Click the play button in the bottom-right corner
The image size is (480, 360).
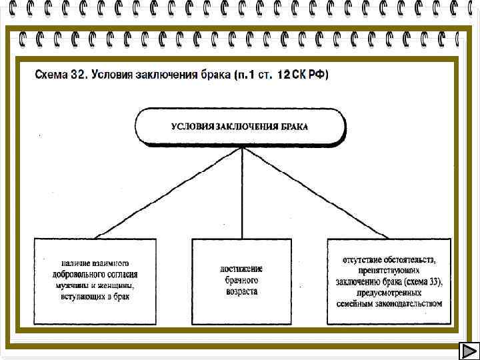pos(468,351)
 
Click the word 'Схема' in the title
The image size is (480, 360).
pos(51,75)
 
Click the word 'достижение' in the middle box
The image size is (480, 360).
pos(241,269)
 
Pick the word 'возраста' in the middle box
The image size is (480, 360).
pos(241,292)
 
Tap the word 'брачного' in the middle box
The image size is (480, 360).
pos(241,281)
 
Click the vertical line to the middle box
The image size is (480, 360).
pos(241,193)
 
